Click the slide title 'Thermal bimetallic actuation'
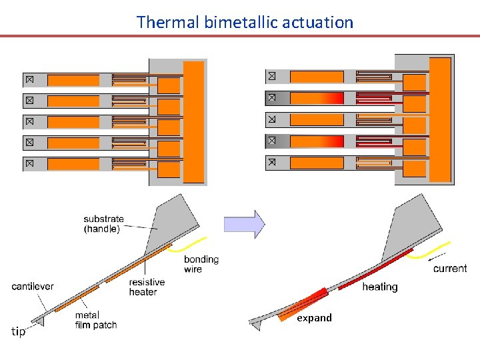point(245,22)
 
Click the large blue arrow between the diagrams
point(244,224)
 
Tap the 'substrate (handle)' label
point(103,224)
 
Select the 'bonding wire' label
point(201,264)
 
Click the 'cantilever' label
point(33,287)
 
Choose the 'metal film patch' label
point(96,320)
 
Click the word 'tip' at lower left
point(19,332)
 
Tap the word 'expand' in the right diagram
point(314,318)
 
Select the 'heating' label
point(379,287)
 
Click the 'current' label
point(450,268)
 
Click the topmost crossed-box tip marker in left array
point(29,80)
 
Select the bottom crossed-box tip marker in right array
point(271,162)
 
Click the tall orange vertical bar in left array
point(193,121)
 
